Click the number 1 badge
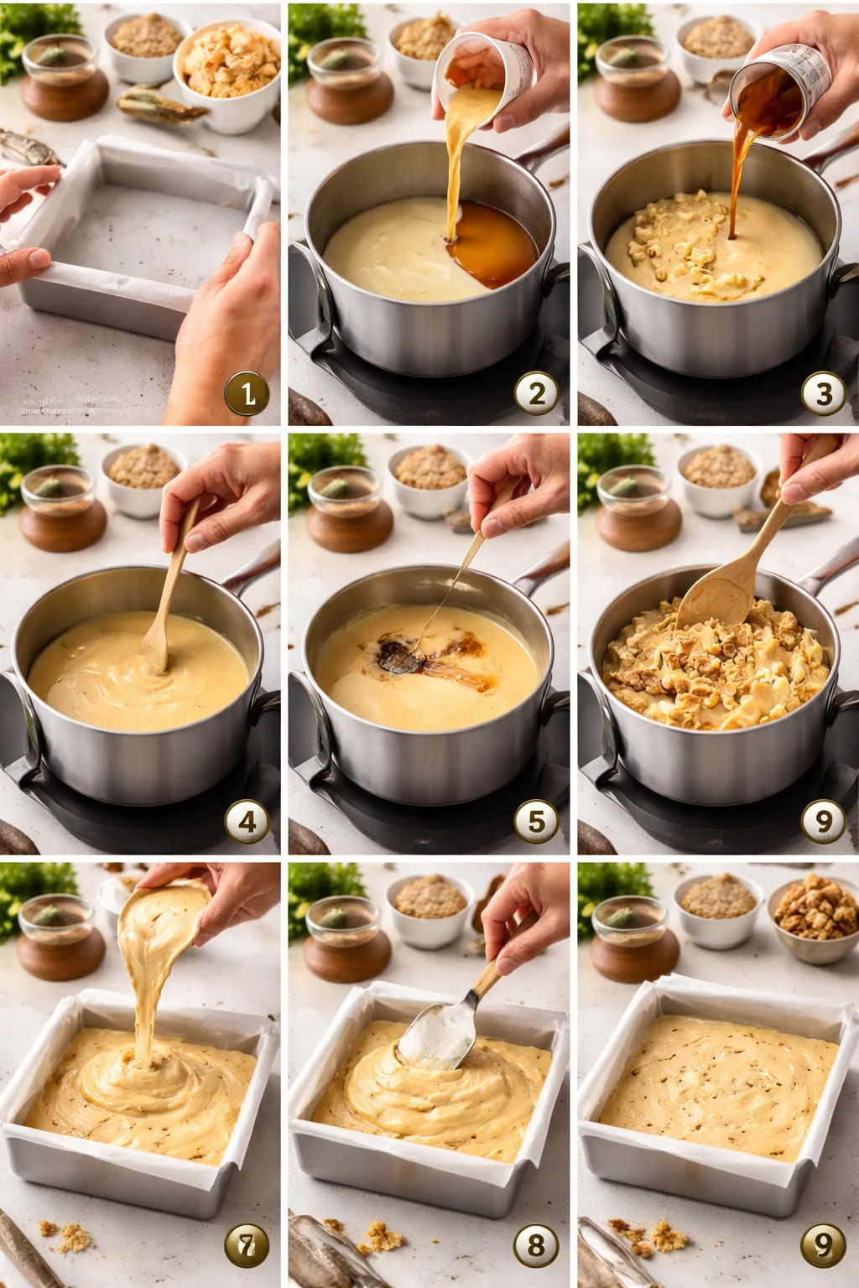coord(247,393)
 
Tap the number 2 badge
coord(536,393)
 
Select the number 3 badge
coord(823,393)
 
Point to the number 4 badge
coord(247,822)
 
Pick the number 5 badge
coord(536,822)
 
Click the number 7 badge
coord(247,1245)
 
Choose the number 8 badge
coord(536,1245)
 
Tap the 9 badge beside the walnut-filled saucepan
coord(823,822)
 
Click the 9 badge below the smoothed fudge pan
coord(823,1245)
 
